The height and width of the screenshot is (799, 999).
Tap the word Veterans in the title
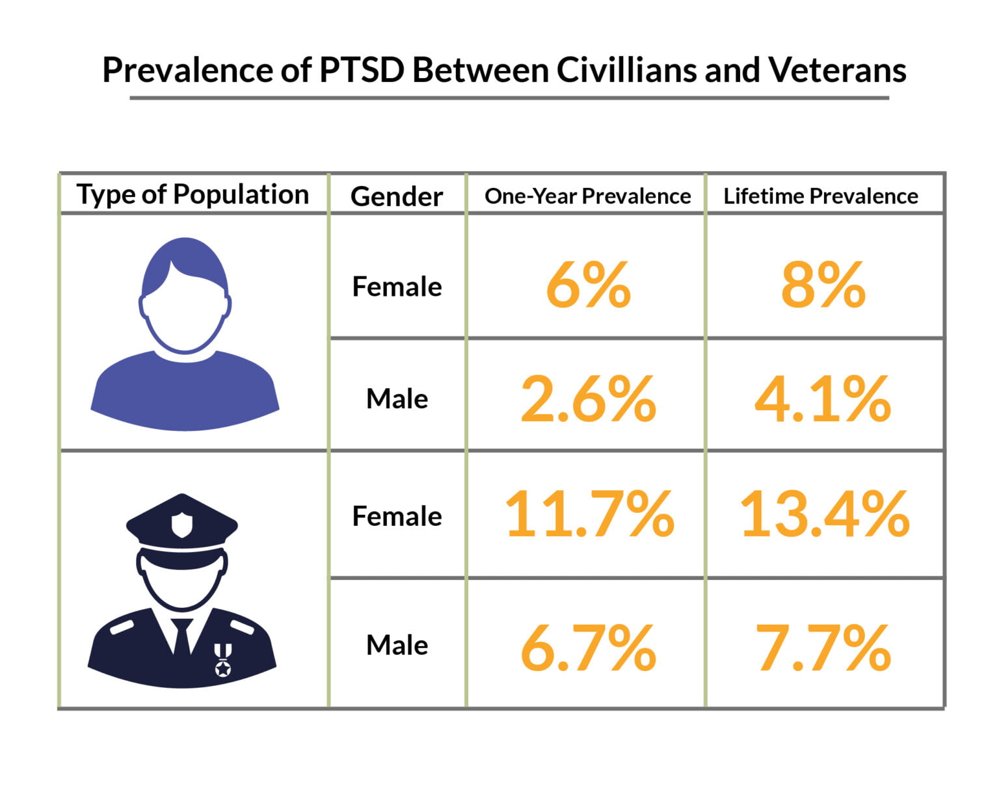pos(837,70)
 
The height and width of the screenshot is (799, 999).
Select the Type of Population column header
pos(193,194)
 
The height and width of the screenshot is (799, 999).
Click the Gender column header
pos(397,196)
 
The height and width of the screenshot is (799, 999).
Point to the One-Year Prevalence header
pos(587,196)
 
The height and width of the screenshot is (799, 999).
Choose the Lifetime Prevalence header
pos(821,196)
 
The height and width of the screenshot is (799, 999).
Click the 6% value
pos(588,285)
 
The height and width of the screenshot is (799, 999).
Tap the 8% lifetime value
pos(823,285)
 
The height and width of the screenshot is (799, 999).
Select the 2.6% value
pos(588,399)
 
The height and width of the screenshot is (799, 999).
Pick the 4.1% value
pos(823,399)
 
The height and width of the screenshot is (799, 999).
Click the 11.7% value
pos(589,515)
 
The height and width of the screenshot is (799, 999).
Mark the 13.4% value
pos(824,515)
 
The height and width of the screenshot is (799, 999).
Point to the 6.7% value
pos(588,648)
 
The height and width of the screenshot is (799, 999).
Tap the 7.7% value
pos(823,648)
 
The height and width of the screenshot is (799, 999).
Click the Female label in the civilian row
pos(397,287)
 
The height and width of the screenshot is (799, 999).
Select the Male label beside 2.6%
pos(397,399)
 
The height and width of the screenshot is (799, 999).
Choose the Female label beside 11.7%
pos(397,517)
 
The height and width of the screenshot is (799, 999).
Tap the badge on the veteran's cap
pos(181,525)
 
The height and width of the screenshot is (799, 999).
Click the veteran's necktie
pos(182,637)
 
